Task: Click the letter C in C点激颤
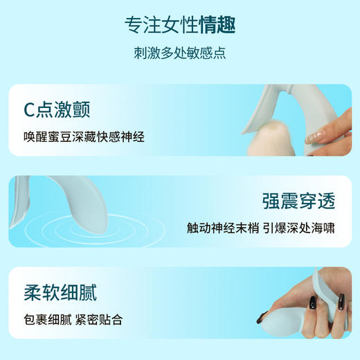[x=30, y=109]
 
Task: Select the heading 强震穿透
[x=298, y=201]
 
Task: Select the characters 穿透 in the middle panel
[x=318, y=201]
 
